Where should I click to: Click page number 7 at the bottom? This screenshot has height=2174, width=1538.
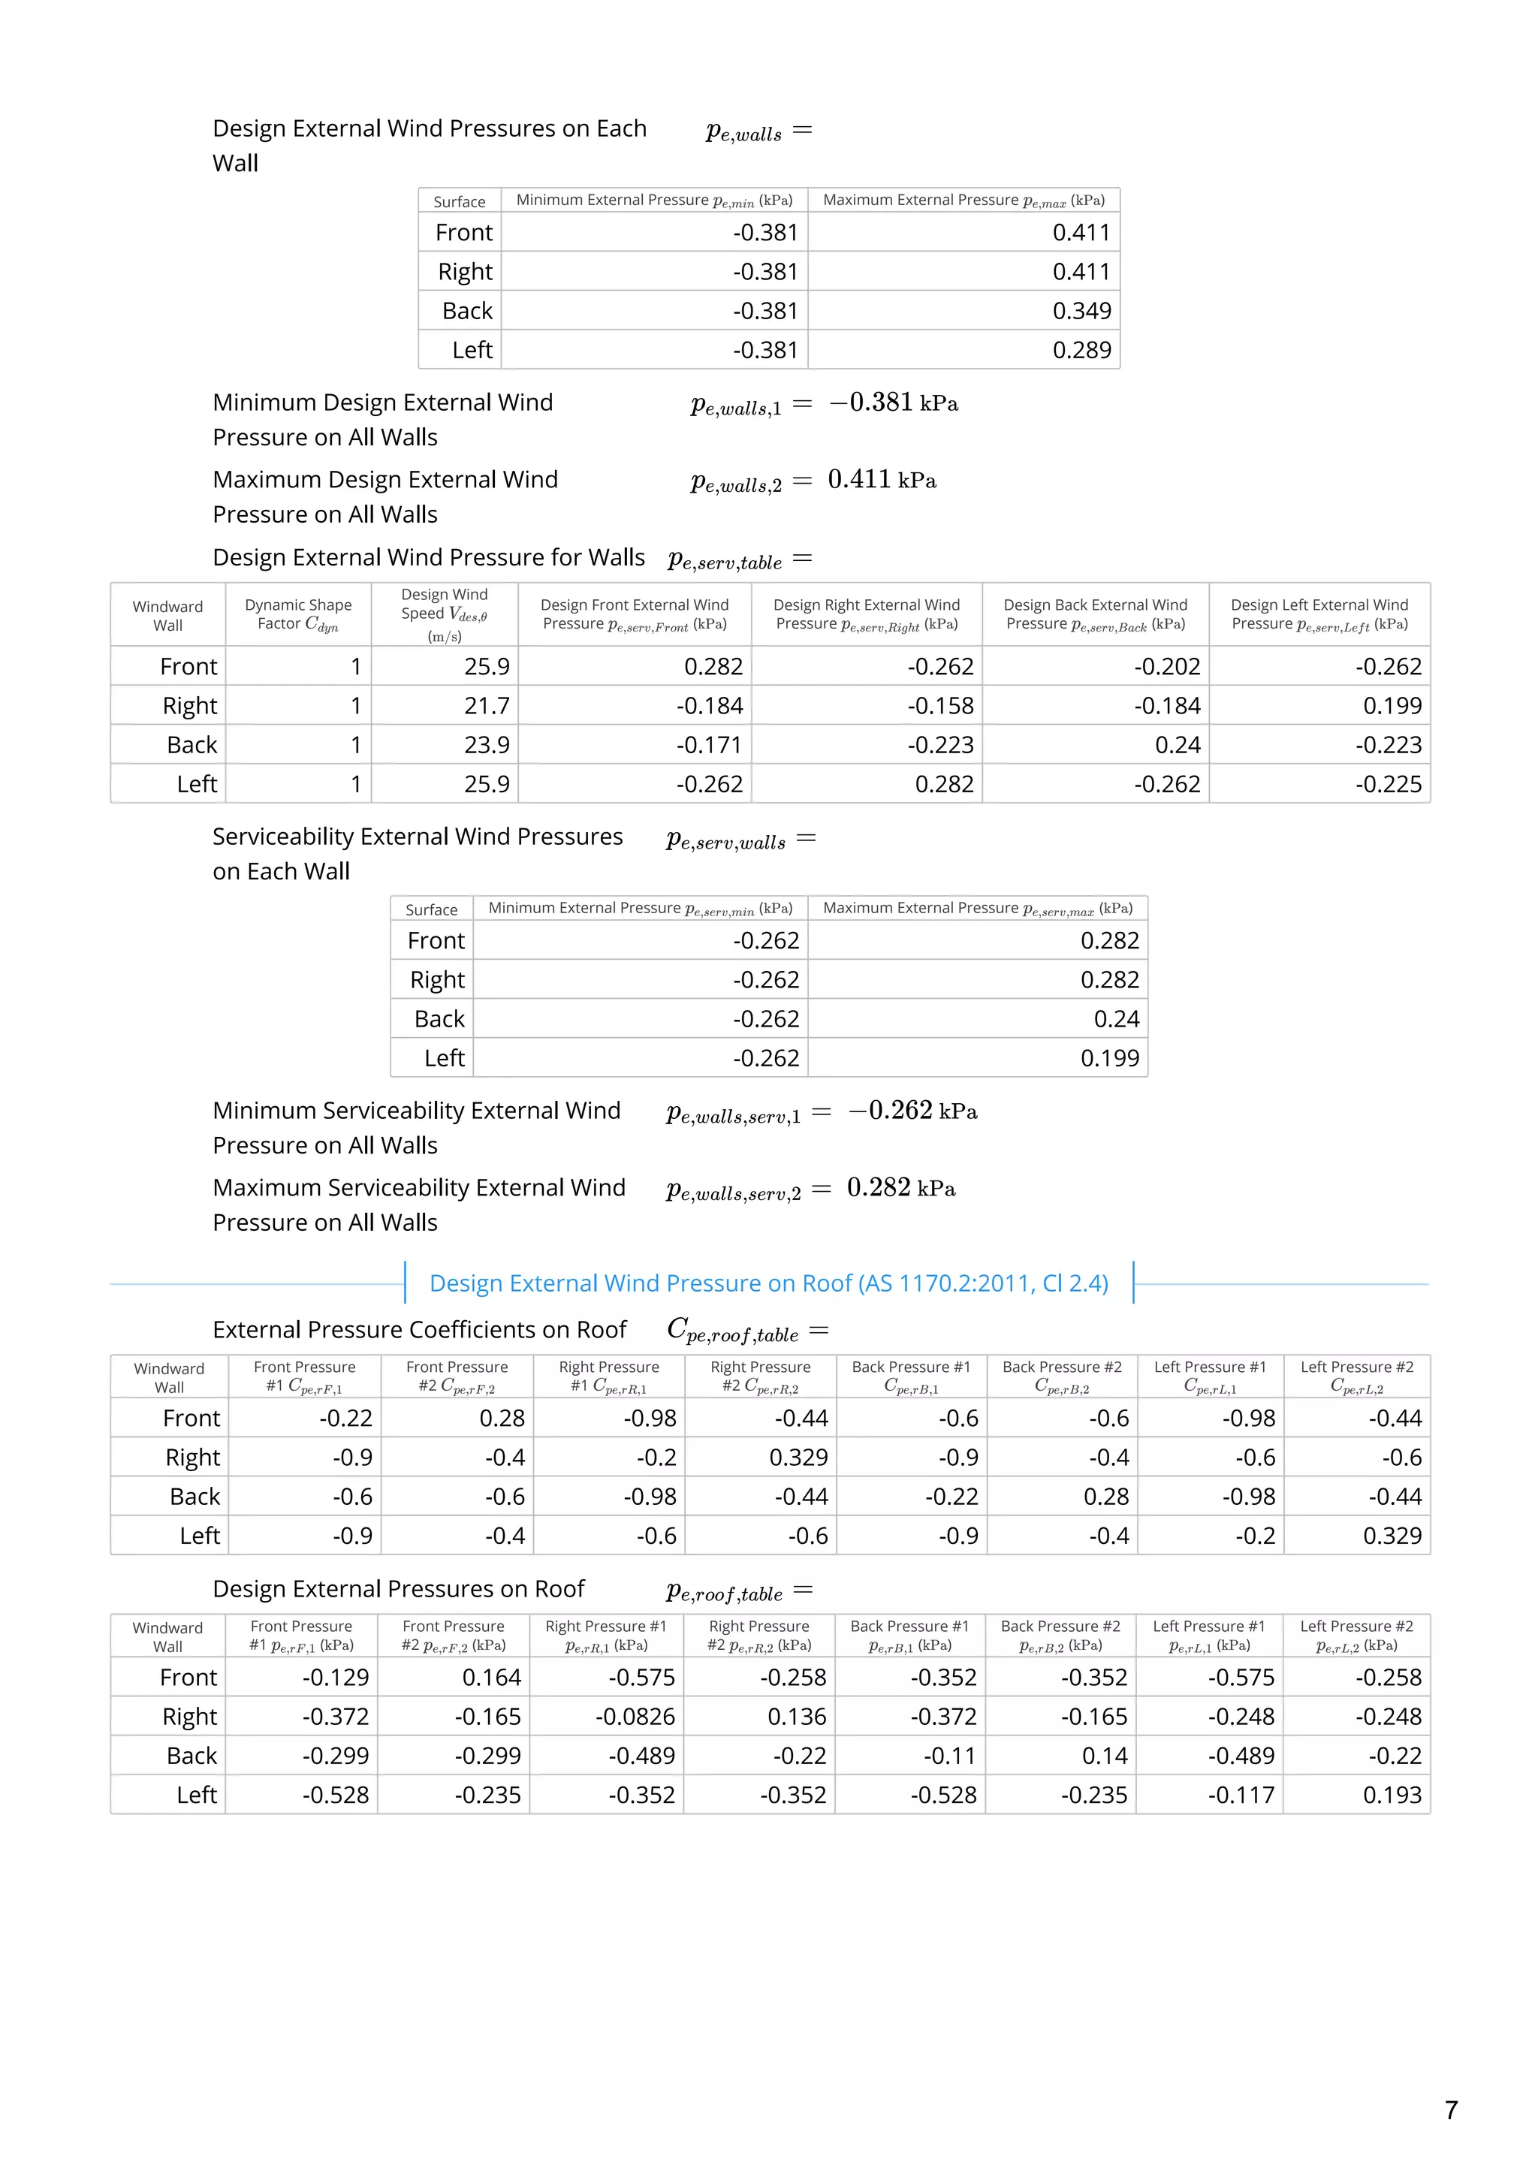coord(1451,2109)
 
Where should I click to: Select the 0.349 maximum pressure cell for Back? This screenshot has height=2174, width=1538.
coord(1081,311)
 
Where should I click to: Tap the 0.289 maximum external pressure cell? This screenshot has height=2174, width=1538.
coord(1081,351)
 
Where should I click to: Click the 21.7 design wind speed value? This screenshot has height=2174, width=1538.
coord(487,705)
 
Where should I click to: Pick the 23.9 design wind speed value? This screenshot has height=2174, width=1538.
coord(487,745)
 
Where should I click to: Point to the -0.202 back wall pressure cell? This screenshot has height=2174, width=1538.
coord(1167,667)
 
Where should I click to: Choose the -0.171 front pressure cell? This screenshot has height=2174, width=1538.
coord(710,745)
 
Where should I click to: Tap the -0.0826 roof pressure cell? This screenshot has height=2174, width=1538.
coord(635,1717)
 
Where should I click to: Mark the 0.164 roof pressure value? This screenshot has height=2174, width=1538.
coord(492,1678)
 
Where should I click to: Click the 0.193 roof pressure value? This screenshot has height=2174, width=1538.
coord(1392,1796)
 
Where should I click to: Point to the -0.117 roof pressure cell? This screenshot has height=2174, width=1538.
coord(1241,1796)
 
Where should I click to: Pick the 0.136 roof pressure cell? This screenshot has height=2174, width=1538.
coord(797,1717)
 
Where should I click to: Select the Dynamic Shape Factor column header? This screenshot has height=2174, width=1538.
coord(298,614)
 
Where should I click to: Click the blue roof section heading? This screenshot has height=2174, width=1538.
coord(768,1283)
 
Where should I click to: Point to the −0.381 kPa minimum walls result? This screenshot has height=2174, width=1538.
coord(893,403)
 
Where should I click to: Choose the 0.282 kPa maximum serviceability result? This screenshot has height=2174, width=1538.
coord(900,1188)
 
